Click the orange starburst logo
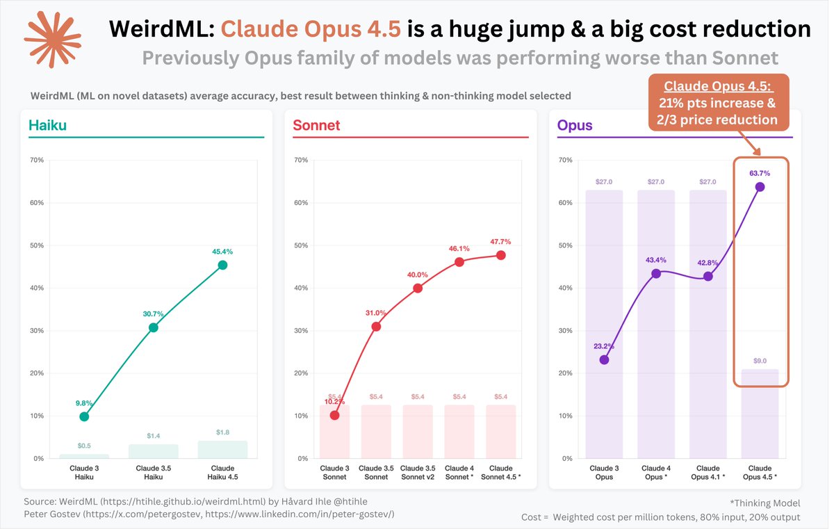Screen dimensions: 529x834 pyautogui.click(x=53, y=40)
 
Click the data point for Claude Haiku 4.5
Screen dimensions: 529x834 pyautogui.click(x=222, y=265)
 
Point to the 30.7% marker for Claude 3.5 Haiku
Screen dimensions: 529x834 pyautogui.click(x=153, y=327)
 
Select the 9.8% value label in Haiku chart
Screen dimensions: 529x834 pyautogui.click(x=84, y=402)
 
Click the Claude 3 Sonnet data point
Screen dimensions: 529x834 pyautogui.click(x=335, y=415)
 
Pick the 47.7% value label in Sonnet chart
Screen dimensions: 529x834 pyautogui.click(x=500, y=242)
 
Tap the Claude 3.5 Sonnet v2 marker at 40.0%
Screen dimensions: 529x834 pyautogui.click(x=418, y=288)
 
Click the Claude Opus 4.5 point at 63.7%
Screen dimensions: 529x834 pyautogui.click(x=760, y=186)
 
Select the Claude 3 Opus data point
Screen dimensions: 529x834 pyautogui.click(x=604, y=359)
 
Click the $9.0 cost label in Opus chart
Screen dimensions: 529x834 pyautogui.click(x=760, y=361)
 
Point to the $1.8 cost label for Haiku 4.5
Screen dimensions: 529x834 pyautogui.click(x=222, y=432)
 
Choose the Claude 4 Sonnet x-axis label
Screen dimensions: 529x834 pyautogui.click(x=459, y=473)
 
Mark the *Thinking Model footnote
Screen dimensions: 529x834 pyautogui.click(x=764, y=503)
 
